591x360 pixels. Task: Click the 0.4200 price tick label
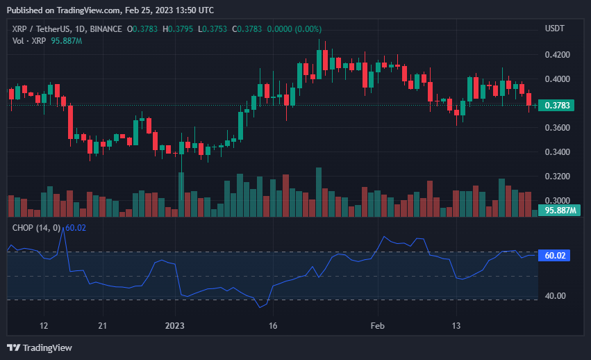tap(557, 55)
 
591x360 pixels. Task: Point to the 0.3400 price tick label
tap(557, 152)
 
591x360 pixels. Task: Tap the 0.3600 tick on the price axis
tap(557, 128)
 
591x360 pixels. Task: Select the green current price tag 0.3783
tap(556, 105)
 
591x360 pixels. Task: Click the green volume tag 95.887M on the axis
tap(559, 210)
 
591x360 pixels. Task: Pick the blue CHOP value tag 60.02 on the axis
tap(554, 256)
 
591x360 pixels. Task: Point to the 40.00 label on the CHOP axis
tap(555, 296)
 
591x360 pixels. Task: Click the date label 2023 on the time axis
tap(174, 326)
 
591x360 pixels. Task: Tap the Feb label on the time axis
tap(377, 326)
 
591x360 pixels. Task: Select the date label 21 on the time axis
tap(103, 326)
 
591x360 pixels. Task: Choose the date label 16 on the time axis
tap(273, 326)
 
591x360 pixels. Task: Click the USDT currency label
tap(554, 28)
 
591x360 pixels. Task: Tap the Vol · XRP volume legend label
tap(29, 41)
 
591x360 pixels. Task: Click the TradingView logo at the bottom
tap(40, 347)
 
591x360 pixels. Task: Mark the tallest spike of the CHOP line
tap(63, 229)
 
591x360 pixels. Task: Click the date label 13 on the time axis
tap(456, 326)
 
